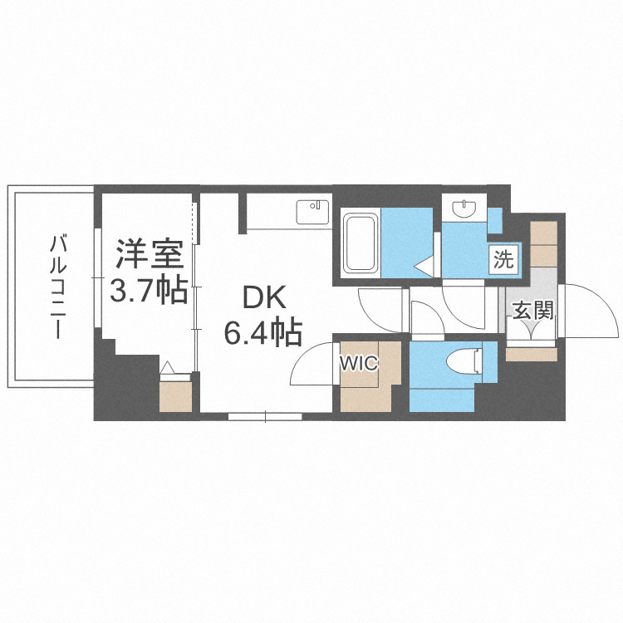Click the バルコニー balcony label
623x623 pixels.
57,286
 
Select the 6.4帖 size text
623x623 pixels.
262,333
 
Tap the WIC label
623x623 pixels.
358,363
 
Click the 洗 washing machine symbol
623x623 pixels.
503,258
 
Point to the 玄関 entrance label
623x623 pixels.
532,311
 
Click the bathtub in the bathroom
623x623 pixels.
361,243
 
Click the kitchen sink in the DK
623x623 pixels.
313,211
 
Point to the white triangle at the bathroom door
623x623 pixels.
424,267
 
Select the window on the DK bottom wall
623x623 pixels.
265,415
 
